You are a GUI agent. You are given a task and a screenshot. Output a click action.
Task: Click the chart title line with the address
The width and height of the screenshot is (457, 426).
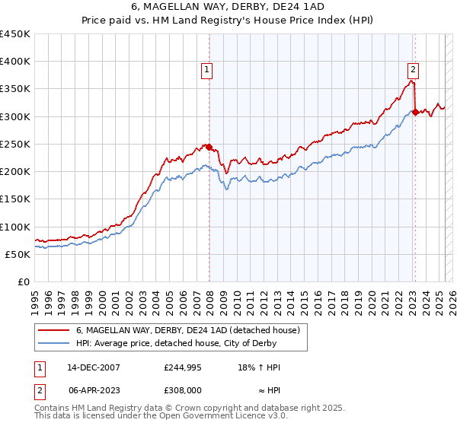point(228,8)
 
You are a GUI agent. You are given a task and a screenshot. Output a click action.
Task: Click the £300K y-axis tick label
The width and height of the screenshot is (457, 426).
point(15,116)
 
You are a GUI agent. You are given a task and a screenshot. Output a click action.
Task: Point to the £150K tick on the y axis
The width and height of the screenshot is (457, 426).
point(15,199)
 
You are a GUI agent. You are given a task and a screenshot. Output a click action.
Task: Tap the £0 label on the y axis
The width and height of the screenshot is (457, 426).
point(24,281)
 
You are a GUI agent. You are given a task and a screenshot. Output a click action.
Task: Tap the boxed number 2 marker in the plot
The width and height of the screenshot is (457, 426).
point(412,67)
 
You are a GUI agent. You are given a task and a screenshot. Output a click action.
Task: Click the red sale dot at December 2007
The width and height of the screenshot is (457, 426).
point(209,147)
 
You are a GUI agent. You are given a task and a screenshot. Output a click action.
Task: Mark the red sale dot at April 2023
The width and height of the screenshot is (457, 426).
point(415,112)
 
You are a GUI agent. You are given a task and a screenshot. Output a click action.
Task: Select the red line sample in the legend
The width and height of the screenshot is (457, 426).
point(53,330)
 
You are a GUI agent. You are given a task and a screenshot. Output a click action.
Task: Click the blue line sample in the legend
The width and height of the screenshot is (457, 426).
point(53,343)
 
